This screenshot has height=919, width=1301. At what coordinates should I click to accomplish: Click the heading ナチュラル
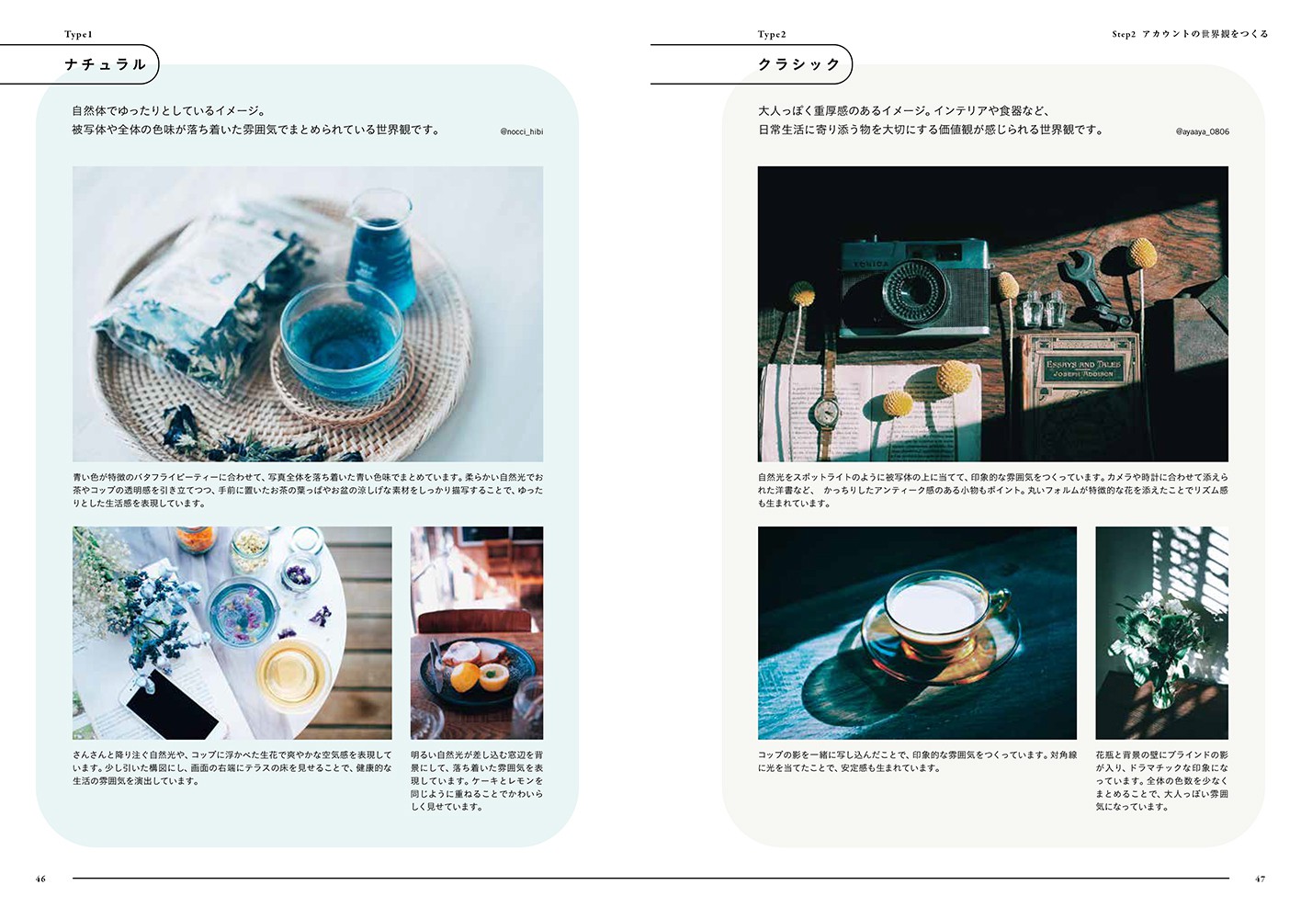point(105,64)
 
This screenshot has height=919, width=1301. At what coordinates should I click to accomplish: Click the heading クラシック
point(799,64)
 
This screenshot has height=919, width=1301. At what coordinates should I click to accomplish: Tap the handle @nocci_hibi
point(522,131)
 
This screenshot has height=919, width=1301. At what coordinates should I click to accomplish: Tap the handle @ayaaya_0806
point(1203,131)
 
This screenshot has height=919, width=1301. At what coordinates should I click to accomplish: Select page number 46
point(40,879)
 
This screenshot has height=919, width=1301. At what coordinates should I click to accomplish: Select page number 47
point(1260,879)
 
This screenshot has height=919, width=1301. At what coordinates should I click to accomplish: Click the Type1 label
point(78,34)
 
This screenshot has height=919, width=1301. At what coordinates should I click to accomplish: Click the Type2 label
point(772,34)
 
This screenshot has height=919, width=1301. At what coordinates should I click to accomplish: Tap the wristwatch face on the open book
point(825,412)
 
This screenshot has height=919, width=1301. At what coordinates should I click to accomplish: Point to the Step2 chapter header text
point(1190,34)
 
